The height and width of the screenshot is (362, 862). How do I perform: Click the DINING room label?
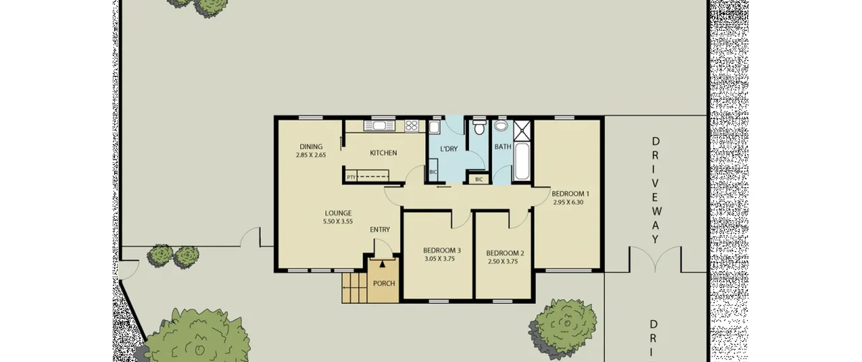point(311,146)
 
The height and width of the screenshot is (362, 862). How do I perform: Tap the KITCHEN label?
point(383,153)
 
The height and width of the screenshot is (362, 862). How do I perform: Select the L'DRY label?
point(449,149)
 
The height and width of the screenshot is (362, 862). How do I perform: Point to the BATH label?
point(503,147)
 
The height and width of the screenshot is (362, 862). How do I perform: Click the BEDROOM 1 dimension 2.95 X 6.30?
point(568,202)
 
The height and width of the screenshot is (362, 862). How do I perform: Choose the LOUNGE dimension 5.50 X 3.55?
point(338,222)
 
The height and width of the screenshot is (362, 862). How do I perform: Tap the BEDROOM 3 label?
point(442,250)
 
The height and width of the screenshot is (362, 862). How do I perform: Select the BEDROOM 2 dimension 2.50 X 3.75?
point(503,261)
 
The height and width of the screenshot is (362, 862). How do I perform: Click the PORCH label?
point(384,284)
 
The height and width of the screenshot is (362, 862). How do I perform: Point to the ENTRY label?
point(380,230)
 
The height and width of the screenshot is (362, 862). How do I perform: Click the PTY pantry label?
point(351,177)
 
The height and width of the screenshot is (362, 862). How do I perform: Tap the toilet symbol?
point(479,127)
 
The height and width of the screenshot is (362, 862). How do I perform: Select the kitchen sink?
point(379,126)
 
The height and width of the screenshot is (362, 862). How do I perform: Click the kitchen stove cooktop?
point(411,126)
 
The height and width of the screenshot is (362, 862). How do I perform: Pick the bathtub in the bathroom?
point(522,161)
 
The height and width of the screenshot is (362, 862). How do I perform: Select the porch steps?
point(354,288)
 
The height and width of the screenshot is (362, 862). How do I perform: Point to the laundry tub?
point(434,127)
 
